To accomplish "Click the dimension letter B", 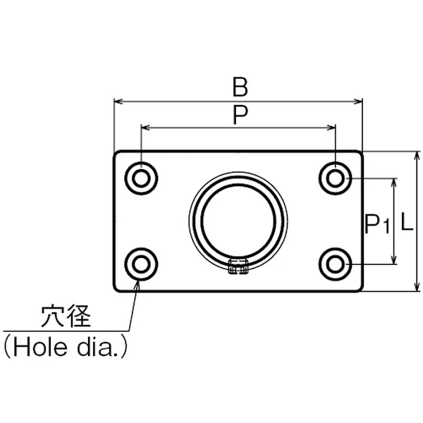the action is coord(240,87).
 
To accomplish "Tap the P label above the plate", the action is coord(240,115).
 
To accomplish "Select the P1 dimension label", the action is coord(377,224).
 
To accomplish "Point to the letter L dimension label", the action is coord(407,221).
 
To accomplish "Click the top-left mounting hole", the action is coord(141,178).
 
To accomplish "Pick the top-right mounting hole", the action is coord(335,178).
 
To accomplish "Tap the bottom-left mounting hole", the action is coord(141,264).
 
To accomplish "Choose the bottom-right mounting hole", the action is coord(335,264).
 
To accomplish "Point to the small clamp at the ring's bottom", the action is coord(238,266).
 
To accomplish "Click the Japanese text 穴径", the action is coord(66,316).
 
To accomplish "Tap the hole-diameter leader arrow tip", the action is coord(138,281).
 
